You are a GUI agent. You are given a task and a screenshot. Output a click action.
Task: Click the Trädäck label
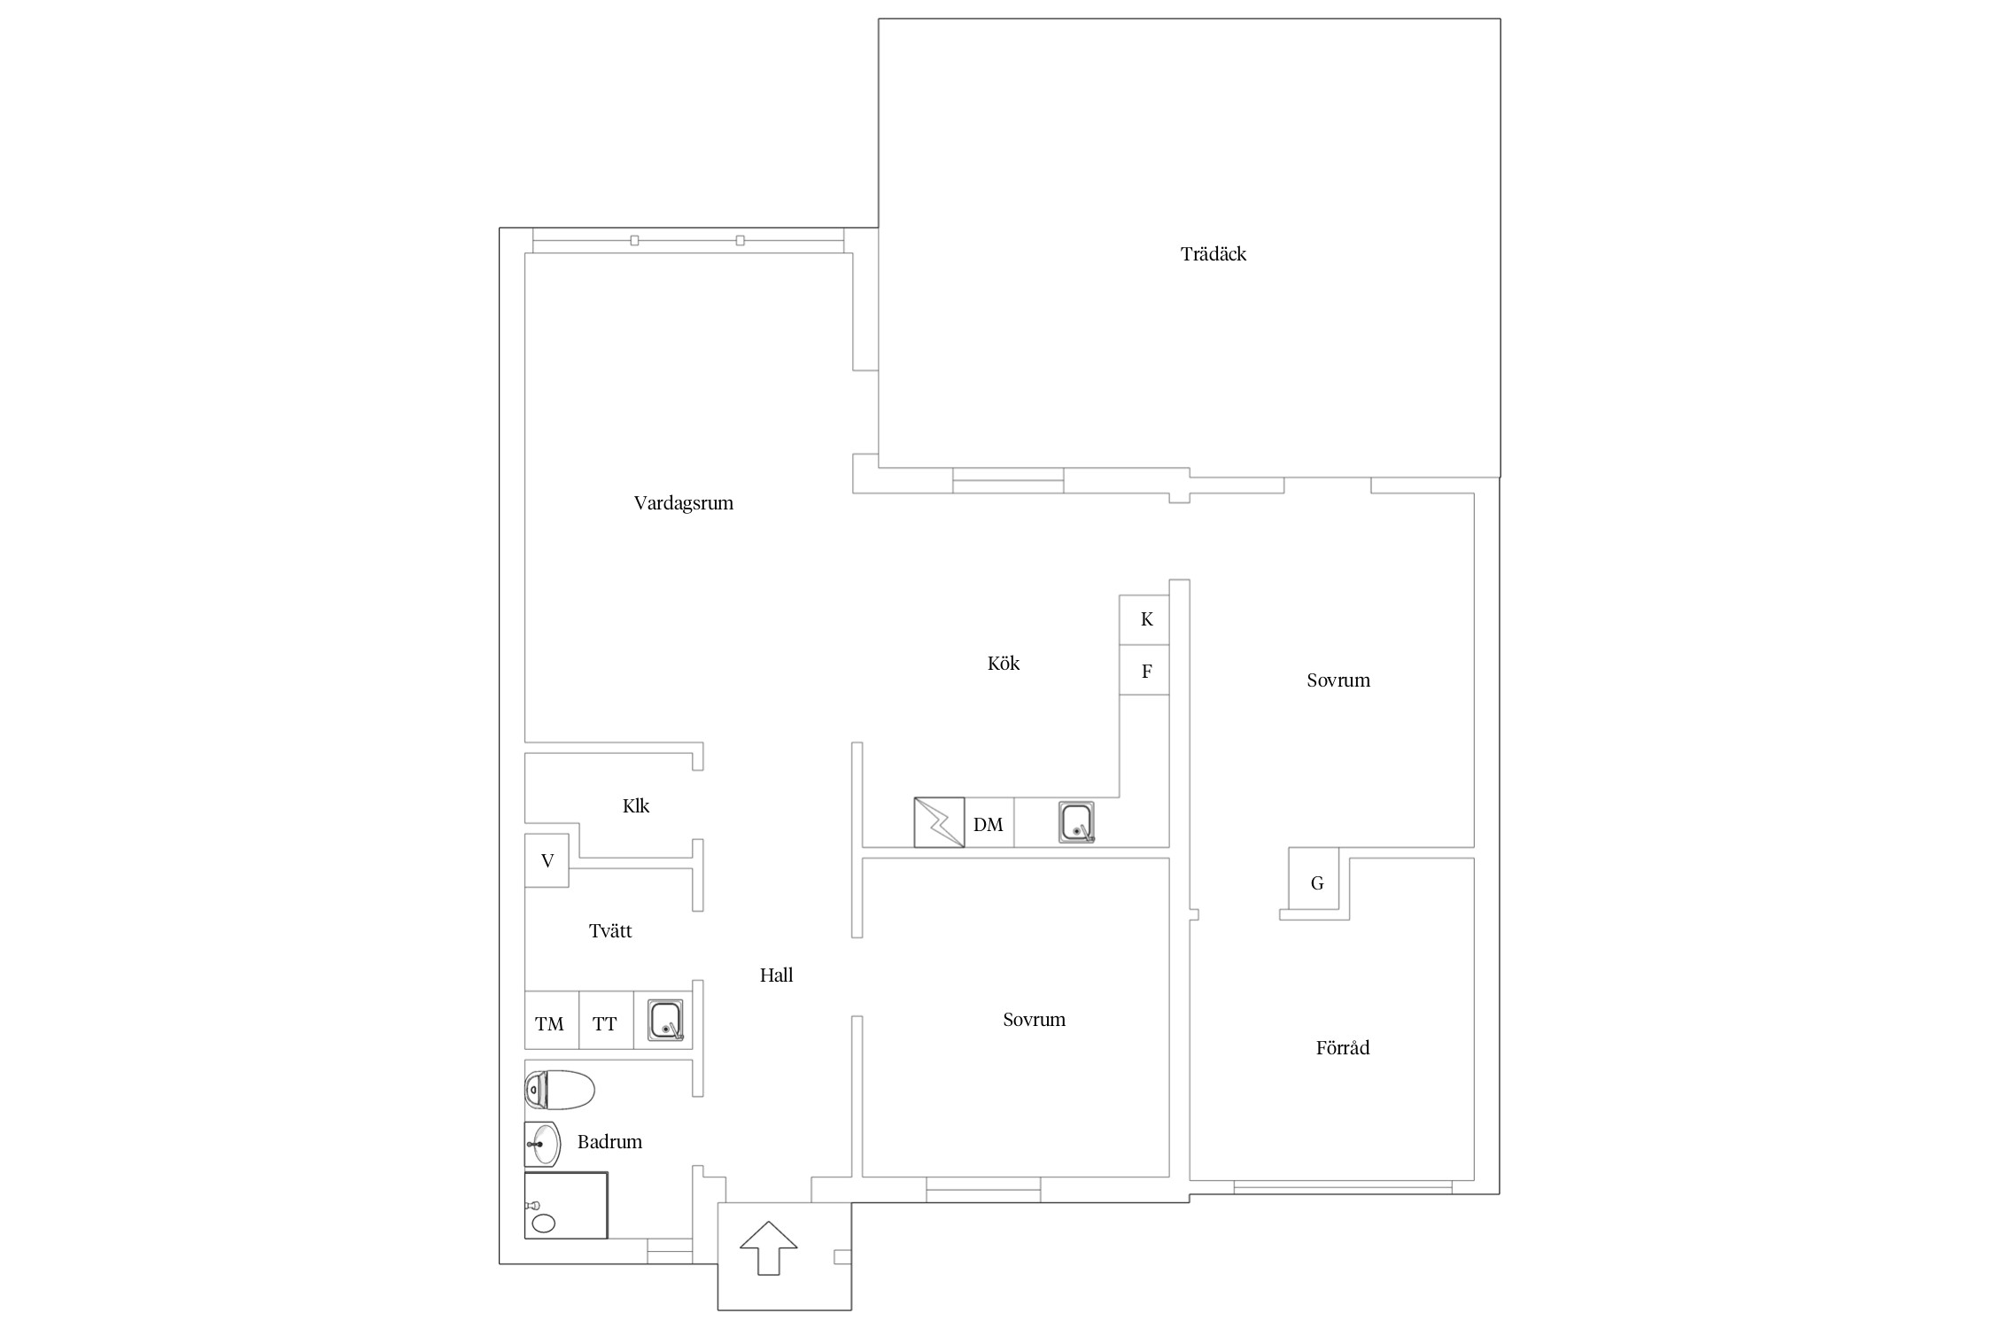(1213, 254)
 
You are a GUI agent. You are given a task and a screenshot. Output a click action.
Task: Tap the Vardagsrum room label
(684, 503)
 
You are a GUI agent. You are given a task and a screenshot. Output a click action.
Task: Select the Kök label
(1004, 663)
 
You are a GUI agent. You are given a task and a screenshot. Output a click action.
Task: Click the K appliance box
(1144, 619)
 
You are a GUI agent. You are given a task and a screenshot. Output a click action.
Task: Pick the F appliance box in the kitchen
(1144, 670)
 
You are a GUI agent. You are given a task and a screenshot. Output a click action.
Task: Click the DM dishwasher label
(988, 825)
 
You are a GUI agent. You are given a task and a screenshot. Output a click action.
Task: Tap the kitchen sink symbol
(1076, 822)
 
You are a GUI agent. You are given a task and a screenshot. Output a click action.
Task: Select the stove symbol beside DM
(939, 823)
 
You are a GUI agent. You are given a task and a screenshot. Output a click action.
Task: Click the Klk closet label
(636, 805)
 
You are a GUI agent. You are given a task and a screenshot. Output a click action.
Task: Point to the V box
(547, 860)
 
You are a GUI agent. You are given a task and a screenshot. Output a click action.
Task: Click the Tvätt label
(610, 930)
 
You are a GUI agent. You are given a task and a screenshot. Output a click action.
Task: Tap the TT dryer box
(606, 1020)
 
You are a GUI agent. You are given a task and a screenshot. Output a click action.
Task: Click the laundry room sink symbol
(665, 1020)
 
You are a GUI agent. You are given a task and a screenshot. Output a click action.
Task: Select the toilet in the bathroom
(559, 1090)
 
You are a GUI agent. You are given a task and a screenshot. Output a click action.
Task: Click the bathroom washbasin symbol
(542, 1145)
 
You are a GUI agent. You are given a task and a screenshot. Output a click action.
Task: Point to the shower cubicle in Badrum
(566, 1205)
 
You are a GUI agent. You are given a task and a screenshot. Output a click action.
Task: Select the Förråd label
(1343, 1048)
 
